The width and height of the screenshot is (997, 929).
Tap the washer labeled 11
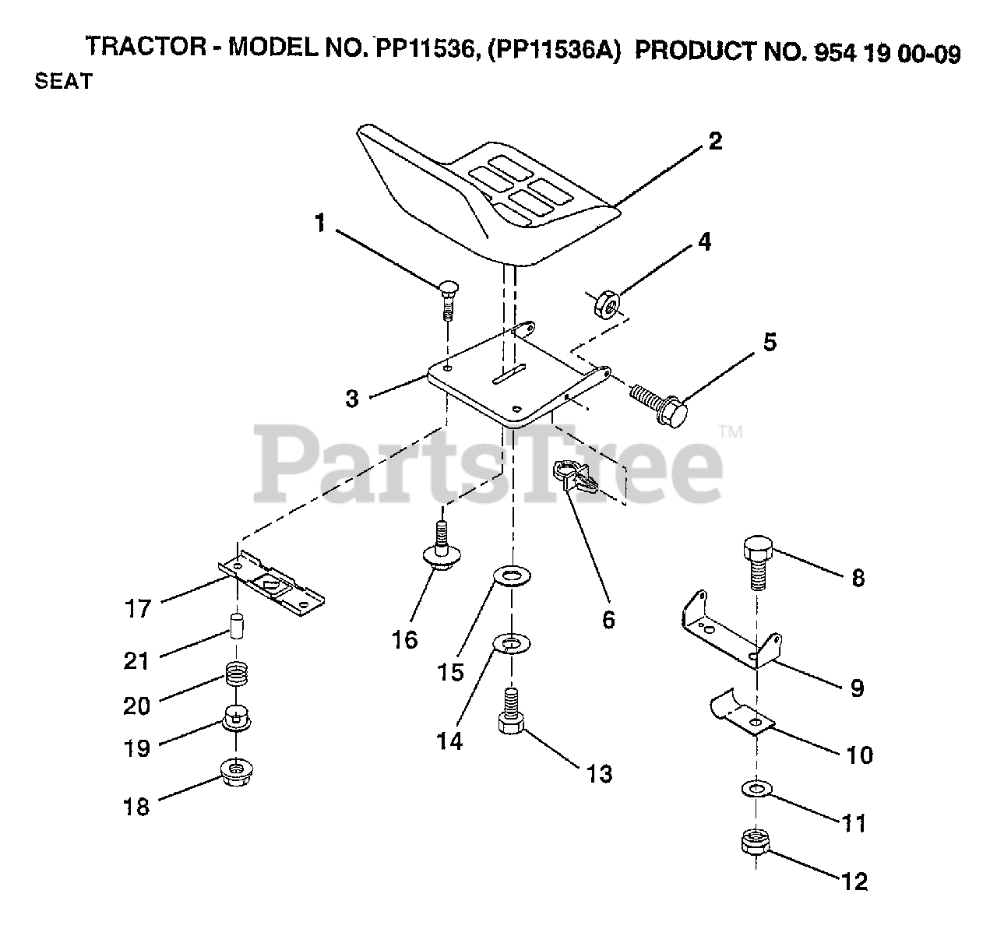tap(753, 791)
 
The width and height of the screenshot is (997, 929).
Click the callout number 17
tap(138, 607)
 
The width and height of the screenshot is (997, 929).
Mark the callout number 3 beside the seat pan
tap(352, 399)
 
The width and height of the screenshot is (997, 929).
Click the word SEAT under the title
tap(63, 81)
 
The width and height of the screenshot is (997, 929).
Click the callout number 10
tap(860, 754)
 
